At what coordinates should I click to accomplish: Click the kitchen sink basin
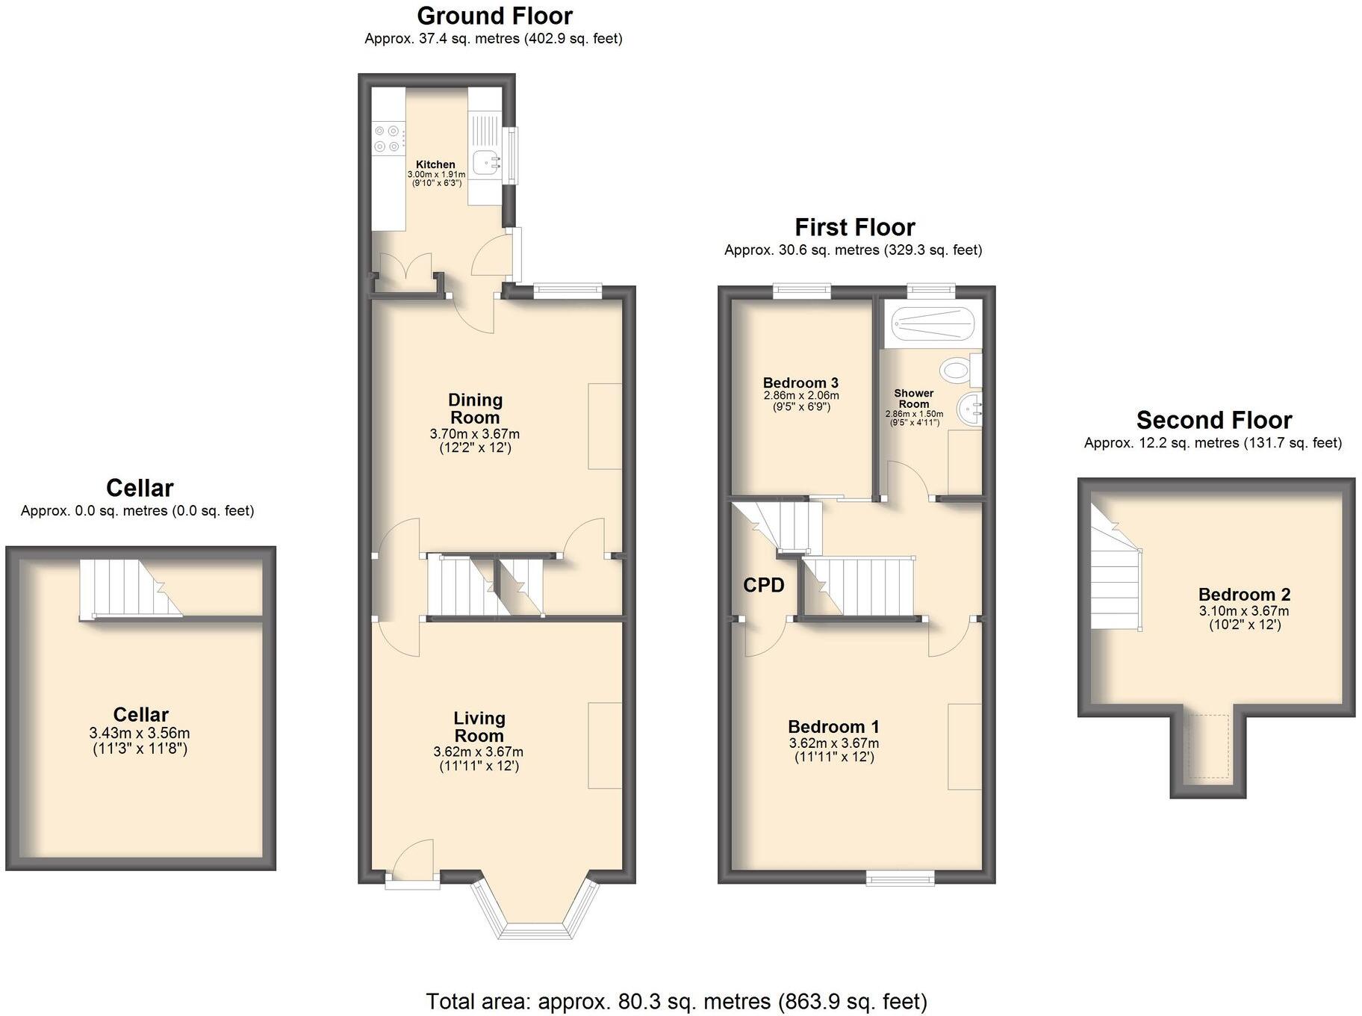coord(486,161)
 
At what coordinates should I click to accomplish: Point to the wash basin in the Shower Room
coord(970,409)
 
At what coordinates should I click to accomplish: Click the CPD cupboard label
coord(763,585)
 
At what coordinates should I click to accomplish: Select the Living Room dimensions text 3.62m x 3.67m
coord(478,752)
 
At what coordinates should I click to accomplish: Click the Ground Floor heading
coord(494,16)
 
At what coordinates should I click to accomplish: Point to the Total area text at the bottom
coord(676,1001)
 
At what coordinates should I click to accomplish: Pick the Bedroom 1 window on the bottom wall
coord(900,879)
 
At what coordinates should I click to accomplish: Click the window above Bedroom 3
coord(801,291)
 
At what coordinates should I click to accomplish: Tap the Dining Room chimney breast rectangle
coord(605,426)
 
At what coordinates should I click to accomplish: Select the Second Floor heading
coord(1213,420)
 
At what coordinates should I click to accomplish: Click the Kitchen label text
coord(435,164)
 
